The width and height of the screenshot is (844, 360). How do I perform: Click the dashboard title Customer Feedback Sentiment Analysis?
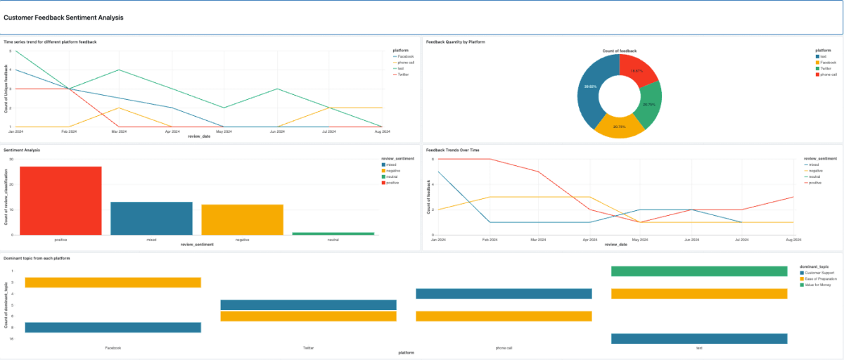63,18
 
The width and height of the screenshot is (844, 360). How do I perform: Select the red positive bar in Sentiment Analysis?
60,200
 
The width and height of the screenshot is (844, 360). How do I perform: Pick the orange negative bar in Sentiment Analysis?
242,219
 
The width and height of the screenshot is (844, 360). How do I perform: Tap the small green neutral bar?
333,233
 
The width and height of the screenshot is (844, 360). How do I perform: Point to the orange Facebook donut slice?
619,125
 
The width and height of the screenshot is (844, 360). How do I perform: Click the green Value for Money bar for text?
698,271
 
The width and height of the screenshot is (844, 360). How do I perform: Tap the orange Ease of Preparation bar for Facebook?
113,283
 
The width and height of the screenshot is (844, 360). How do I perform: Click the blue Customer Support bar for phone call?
504,294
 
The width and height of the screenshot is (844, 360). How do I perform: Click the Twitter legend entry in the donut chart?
825,68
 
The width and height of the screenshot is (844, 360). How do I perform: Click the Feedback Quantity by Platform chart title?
455,42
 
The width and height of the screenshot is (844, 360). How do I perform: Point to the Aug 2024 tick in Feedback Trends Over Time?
793,240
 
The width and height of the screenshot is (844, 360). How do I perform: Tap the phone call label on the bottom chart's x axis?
504,348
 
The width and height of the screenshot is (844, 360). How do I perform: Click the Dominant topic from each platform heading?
37,259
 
